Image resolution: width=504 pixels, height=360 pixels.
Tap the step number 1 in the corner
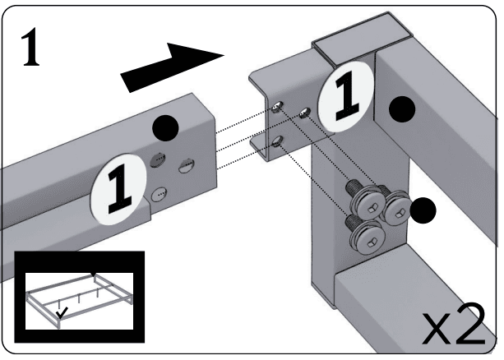(31, 51)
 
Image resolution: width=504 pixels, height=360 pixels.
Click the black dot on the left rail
(168, 127)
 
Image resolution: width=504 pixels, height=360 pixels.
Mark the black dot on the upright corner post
(401, 108)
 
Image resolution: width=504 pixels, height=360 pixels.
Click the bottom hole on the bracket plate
(278, 140)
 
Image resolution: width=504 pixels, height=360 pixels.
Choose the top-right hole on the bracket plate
(305, 111)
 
